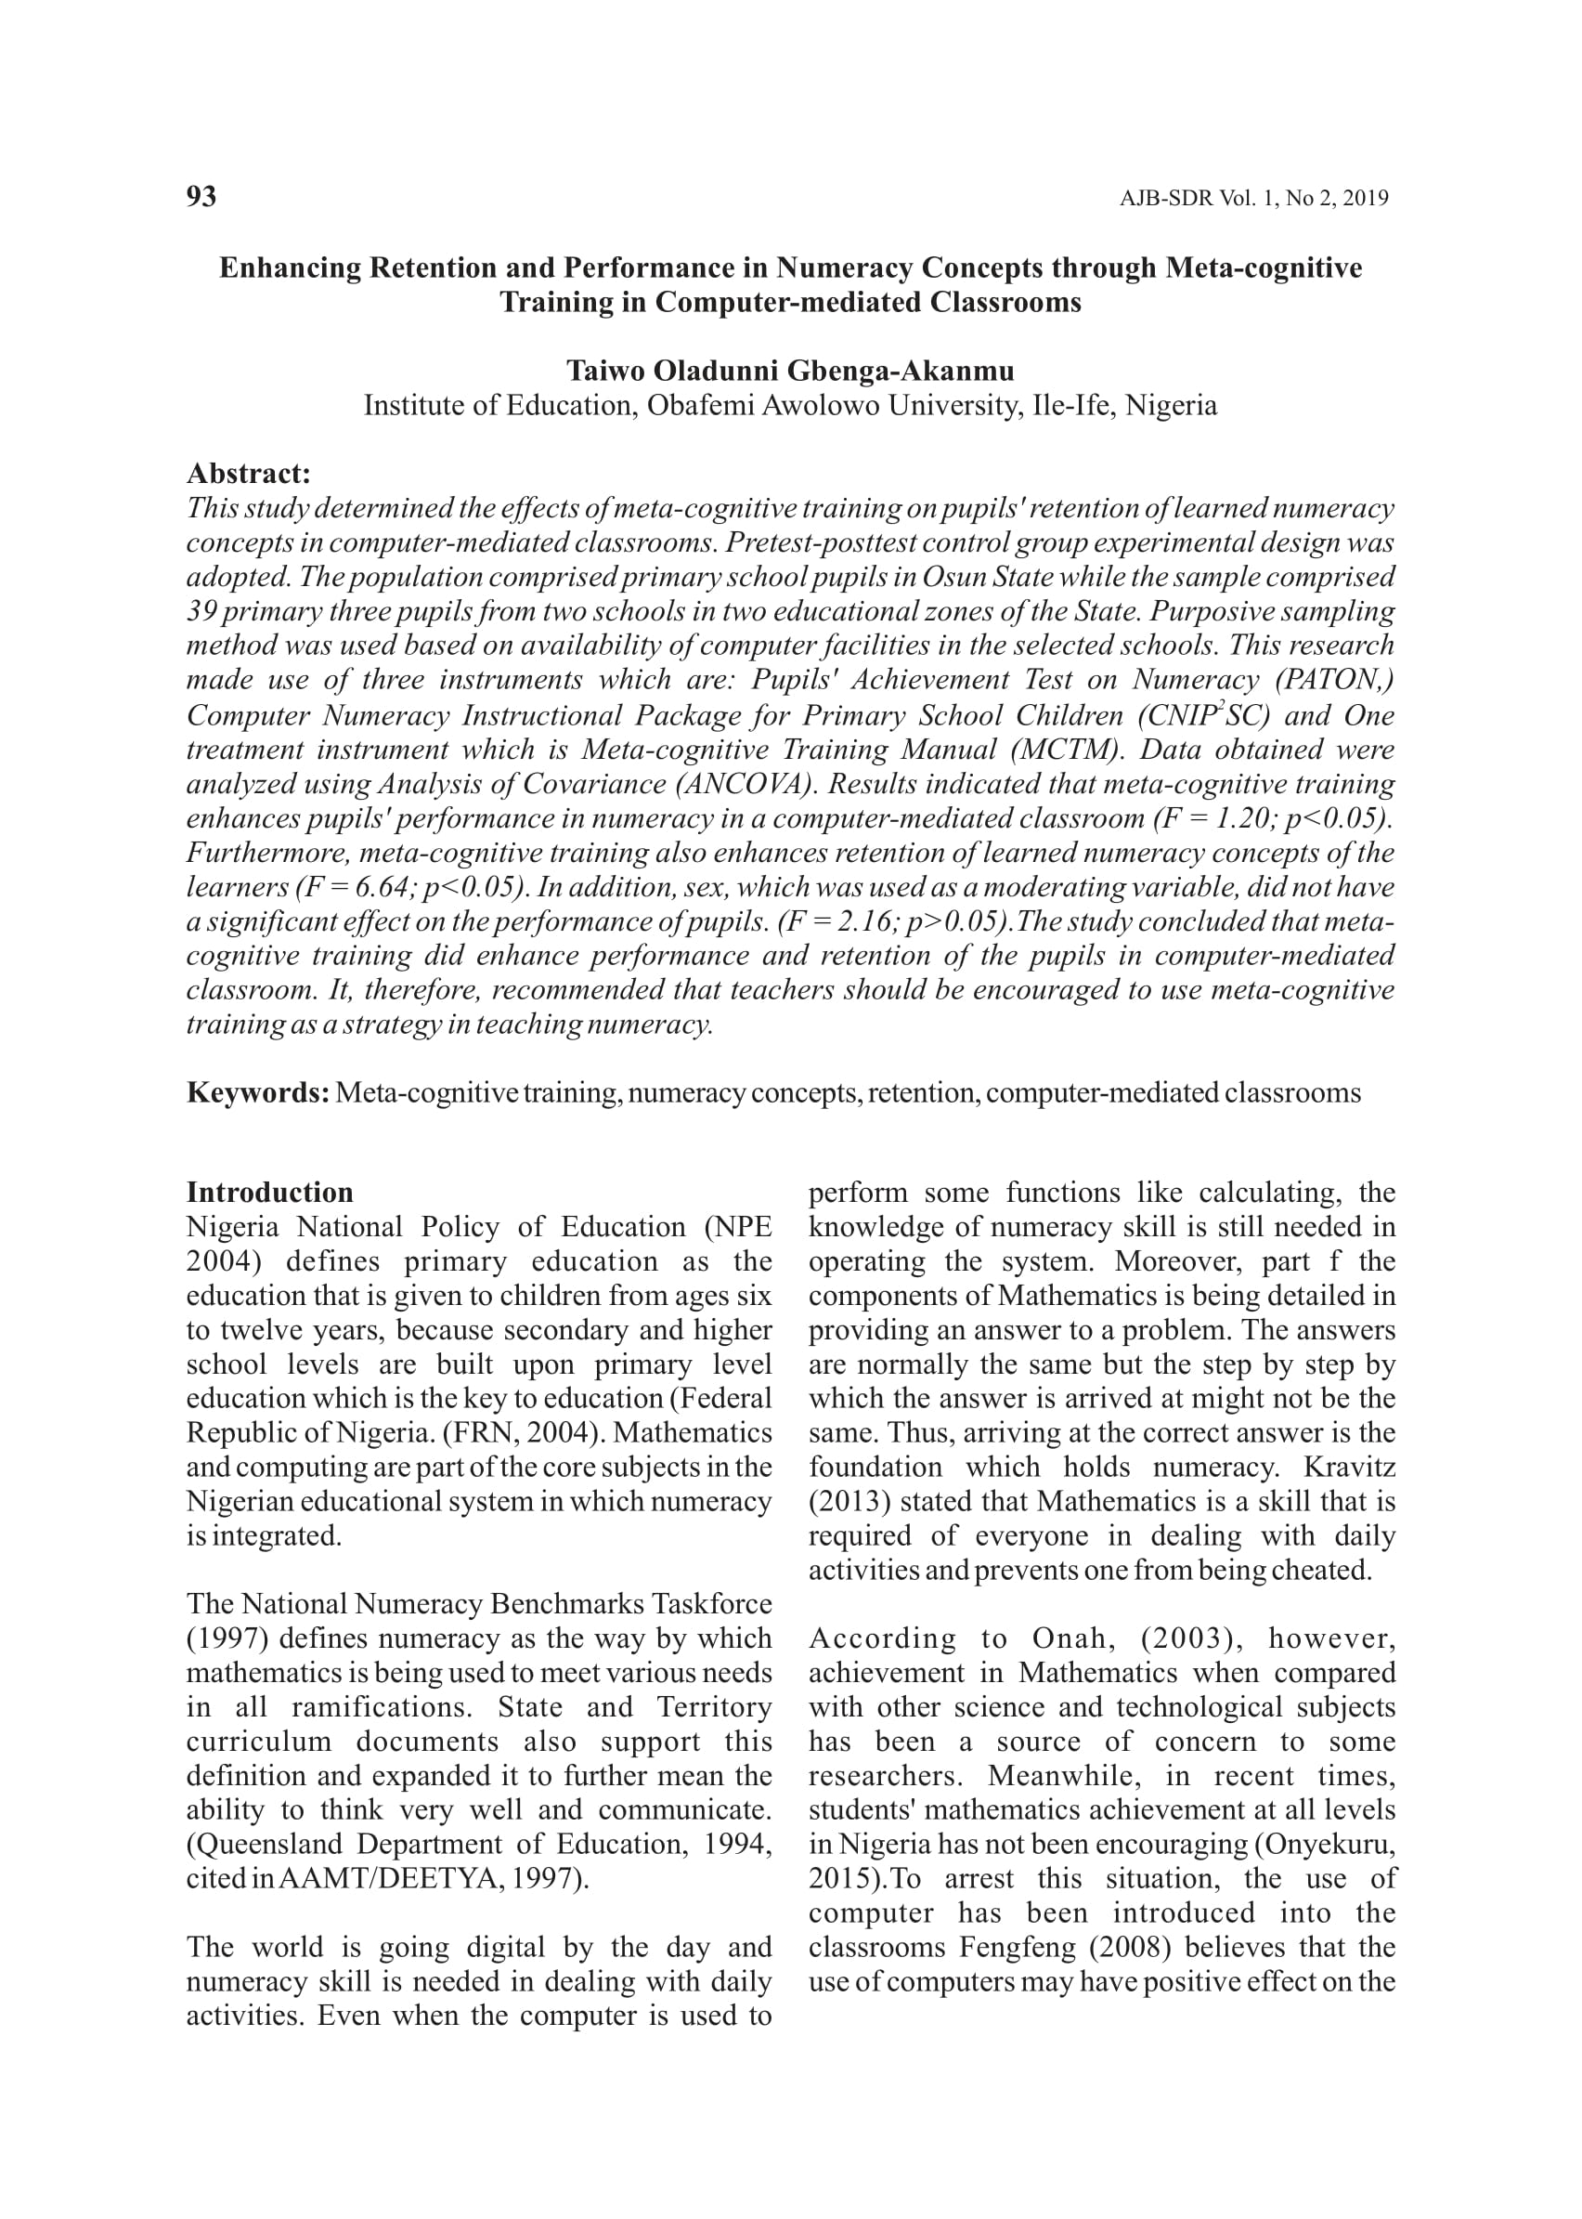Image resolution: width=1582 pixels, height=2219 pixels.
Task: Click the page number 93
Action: (201, 197)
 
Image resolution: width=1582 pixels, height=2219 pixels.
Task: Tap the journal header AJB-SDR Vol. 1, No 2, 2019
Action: (1253, 199)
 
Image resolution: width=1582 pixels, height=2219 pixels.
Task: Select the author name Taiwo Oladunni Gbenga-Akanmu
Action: (790, 372)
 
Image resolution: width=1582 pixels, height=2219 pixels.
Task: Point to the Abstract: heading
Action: (249, 474)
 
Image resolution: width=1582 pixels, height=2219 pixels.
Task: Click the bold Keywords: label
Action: (258, 1092)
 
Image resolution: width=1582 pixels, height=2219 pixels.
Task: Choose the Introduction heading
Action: (270, 1193)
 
